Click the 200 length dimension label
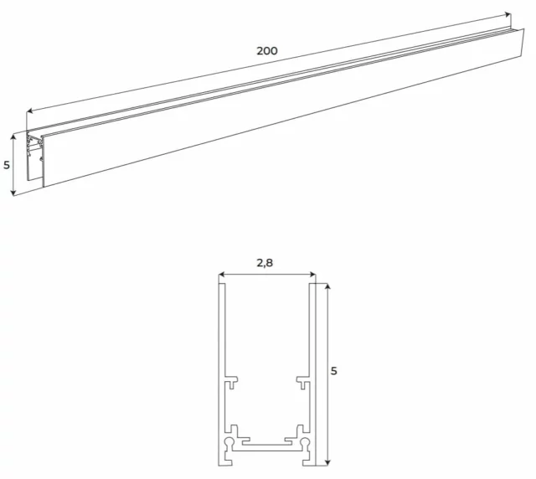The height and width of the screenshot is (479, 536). pos(267,51)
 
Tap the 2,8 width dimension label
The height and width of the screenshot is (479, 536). pos(265,262)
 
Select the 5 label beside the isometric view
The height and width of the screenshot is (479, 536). pos(7,165)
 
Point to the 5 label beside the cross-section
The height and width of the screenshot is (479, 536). pos(334,370)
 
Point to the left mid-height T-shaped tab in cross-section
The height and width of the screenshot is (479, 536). pos(230,382)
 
